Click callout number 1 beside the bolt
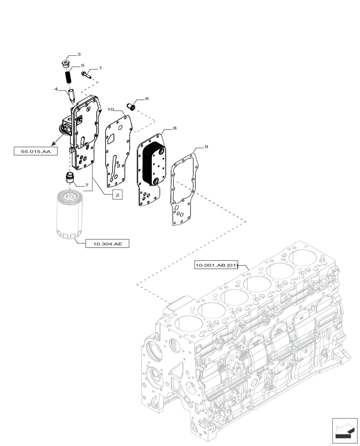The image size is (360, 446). [100, 68]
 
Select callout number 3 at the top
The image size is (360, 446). [79, 54]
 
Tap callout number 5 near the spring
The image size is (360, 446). [82, 66]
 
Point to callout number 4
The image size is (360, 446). [56, 89]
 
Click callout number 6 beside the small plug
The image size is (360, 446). [147, 99]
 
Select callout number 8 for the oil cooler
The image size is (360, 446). [175, 128]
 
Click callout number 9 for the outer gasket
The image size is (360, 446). [206, 147]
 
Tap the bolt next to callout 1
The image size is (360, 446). [86, 74]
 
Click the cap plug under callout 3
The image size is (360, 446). [66, 63]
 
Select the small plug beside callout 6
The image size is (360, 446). [131, 106]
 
